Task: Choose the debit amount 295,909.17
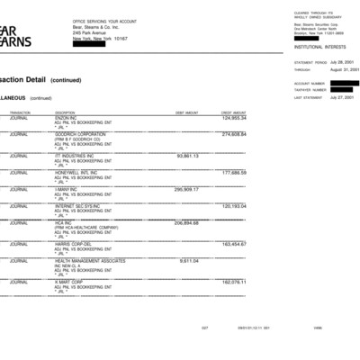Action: [186, 190]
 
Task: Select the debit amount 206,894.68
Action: [186, 222]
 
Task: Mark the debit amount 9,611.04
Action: [189, 260]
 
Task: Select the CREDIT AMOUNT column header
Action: [233, 112]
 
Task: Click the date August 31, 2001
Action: [346, 69]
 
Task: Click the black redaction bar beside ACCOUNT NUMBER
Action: [345, 83]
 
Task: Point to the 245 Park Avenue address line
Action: [92, 33]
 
